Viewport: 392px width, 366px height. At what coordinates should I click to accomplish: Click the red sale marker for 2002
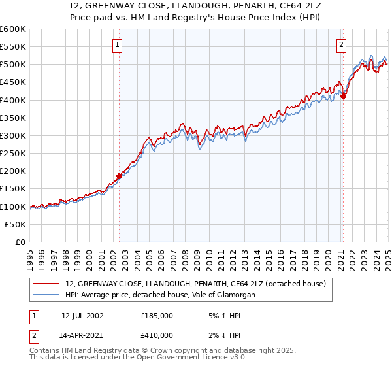point(120,176)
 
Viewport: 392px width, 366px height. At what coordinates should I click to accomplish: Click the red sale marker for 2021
point(344,96)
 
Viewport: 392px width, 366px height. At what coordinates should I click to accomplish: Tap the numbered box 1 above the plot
point(117,45)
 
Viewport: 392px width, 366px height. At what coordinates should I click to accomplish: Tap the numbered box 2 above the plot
point(342,45)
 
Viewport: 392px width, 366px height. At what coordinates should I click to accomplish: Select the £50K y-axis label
point(15,224)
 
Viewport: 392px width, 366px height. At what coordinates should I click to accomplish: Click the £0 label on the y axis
point(21,242)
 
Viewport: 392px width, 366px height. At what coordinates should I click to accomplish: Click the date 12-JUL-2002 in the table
point(82,315)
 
